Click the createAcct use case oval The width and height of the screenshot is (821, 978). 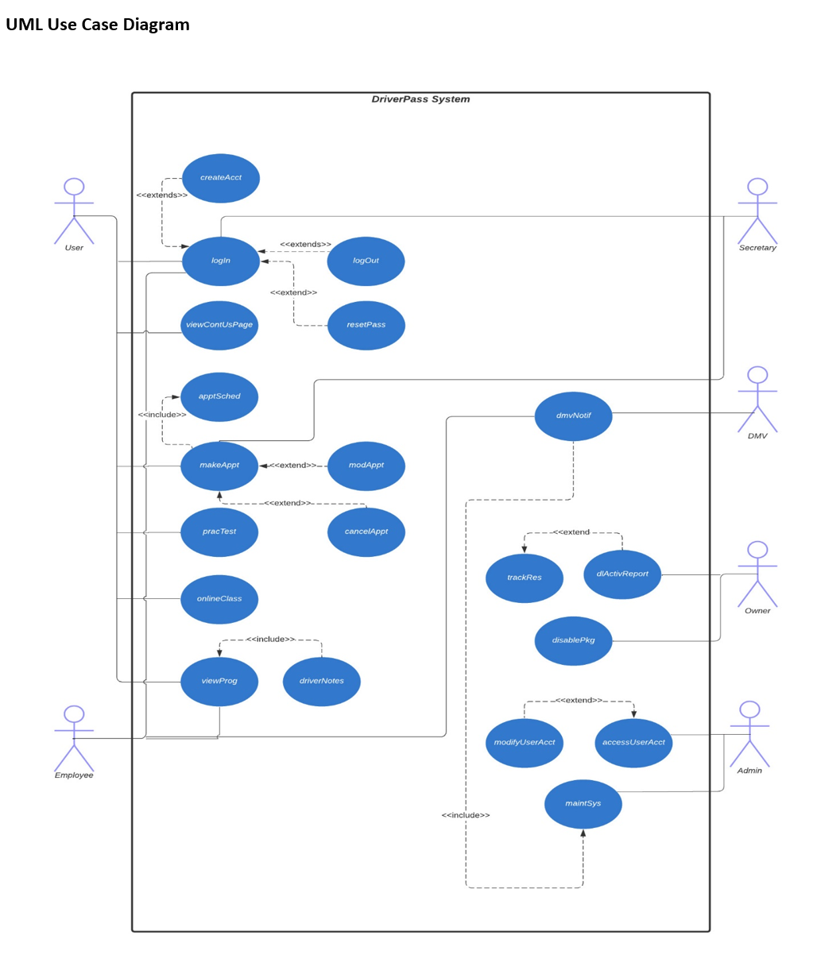point(221,178)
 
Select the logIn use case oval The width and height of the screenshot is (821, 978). point(221,261)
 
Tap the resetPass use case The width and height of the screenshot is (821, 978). point(366,325)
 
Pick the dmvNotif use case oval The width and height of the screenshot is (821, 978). point(573,416)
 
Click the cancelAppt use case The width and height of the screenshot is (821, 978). point(366,532)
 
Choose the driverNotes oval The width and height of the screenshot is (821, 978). point(322,681)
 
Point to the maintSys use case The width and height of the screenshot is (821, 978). point(583,803)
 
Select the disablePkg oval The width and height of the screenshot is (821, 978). point(573,640)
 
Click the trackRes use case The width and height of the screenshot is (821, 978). point(525,578)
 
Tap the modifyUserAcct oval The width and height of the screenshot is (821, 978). point(525,743)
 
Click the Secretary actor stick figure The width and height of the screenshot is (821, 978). point(757,211)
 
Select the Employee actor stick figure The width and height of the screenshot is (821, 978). point(74,738)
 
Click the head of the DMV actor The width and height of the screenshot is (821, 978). point(757,375)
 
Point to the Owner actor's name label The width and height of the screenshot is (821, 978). point(757,611)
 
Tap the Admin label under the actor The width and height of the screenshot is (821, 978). point(749,771)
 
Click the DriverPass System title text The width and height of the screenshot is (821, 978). point(420,99)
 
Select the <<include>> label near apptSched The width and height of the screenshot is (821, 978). point(162,415)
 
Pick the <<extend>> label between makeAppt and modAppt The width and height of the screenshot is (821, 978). point(293,466)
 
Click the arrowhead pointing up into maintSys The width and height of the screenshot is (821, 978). point(583,833)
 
